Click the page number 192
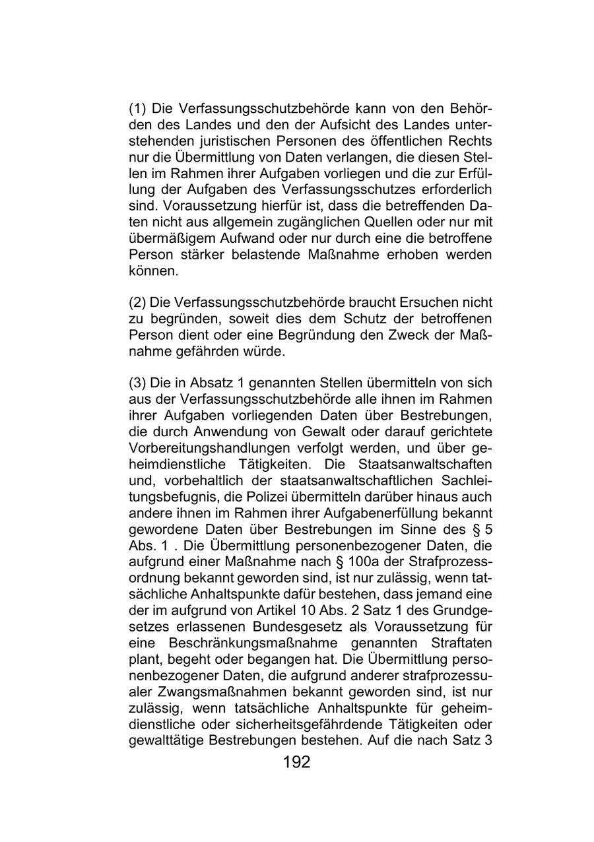click(296, 763)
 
